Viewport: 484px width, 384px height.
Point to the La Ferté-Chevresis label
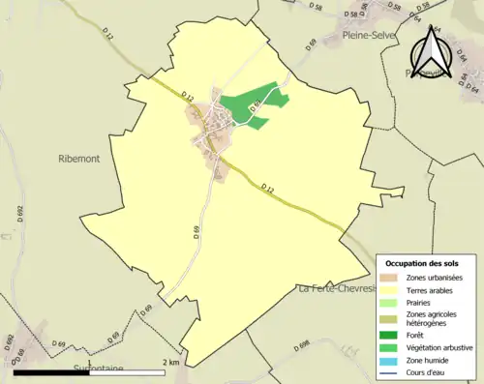click(335, 288)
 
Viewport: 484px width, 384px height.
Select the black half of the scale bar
click(51, 371)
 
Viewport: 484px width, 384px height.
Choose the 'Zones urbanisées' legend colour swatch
click(390, 279)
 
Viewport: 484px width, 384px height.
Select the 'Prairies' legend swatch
click(390, 303)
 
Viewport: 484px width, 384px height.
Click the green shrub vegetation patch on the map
click(247, 104)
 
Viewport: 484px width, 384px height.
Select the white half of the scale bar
click(126, 371)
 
